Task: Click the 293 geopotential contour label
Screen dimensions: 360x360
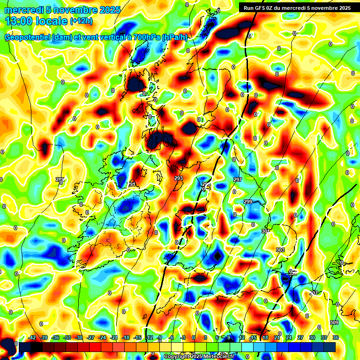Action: coord(178,178)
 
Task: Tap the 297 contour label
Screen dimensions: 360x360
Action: coord(237,180)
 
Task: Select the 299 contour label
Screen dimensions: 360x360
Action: coord(248,201)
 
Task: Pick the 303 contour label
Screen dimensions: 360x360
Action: coord(280,250)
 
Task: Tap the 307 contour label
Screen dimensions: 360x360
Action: coord(314,293)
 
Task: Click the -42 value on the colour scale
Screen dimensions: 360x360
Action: coord(32,337)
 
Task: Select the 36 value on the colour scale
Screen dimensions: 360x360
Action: coord(336,337)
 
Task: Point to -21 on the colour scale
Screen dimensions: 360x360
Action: coord(113,337)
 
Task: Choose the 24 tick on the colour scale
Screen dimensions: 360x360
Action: coord(289,337)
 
